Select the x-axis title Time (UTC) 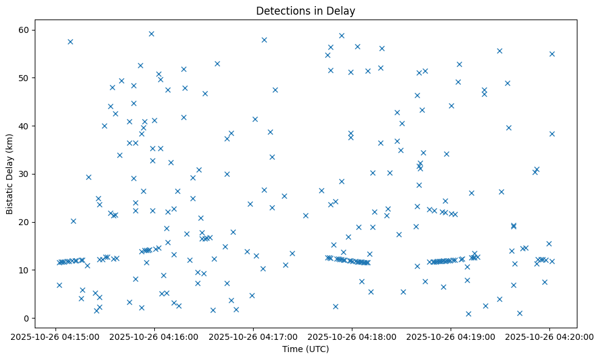click(x=305, y=349)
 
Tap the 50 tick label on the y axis click(x=25, y=78)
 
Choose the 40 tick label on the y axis click(x=25, y=126)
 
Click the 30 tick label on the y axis click(x=25, y=174)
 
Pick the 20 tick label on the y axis click(x=25, y=222)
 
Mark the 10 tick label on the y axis click(x=25, y=270)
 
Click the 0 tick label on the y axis click(x=27, y=318)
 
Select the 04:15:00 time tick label click(x=55, y=336)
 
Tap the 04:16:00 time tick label click(x=154, y=336)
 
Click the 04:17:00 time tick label click(x=253, y=336)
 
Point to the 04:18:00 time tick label click(x=352, y=336)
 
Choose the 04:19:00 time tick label click(x=451, y=336)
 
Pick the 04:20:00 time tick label click(x=549, y=336)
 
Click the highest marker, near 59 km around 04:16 click(x=151, y=34)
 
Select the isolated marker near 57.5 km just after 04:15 click(x=70, y=41)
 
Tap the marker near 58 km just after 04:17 click(x=264, y=40)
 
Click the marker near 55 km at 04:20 click(x=552, y=54)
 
